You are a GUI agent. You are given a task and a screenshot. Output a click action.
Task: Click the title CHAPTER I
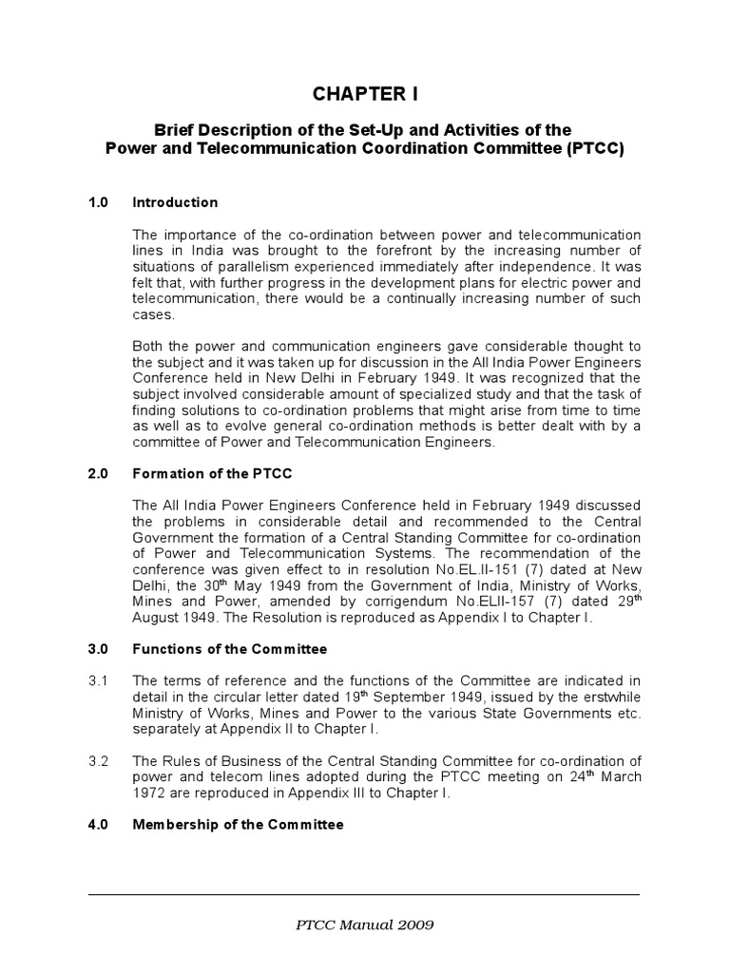[x=365, y=95]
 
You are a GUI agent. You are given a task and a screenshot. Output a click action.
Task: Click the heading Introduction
[x=175, y=202]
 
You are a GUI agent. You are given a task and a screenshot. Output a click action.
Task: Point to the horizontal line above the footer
[x=365, y=894]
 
